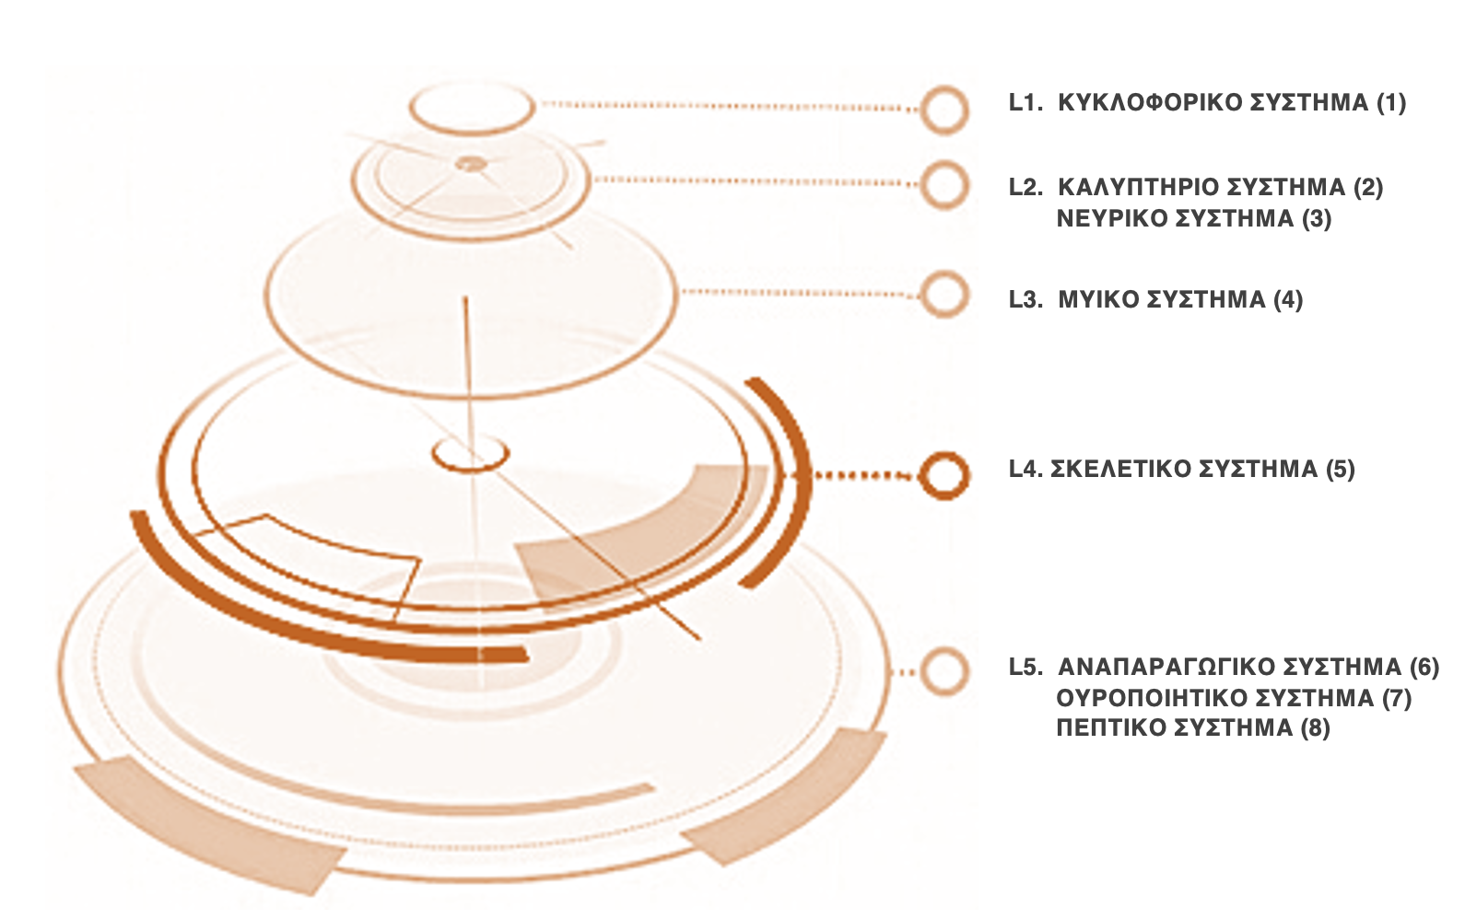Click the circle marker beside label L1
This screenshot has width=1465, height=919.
944,110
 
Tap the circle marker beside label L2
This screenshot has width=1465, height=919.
944,184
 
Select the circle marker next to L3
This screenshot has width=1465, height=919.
944,295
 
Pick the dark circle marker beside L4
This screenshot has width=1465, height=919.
943,475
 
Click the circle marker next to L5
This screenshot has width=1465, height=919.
944,669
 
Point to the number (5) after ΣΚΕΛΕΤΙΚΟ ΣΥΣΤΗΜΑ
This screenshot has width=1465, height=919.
1340,469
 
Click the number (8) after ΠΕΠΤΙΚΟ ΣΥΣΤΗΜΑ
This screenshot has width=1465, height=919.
1315,727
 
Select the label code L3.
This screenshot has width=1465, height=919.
1025,299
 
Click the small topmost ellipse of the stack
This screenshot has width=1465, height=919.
472,108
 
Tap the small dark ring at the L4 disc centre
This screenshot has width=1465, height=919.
471,453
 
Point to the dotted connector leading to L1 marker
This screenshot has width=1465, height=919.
728,106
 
